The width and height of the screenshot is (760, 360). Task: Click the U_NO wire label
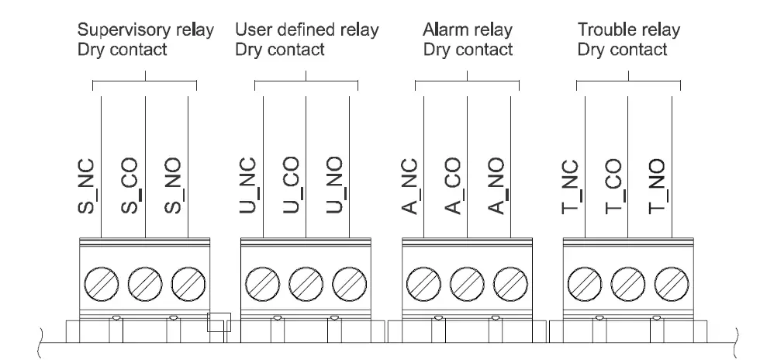pos(337,188)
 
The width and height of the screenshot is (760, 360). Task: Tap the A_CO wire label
pos(455,188)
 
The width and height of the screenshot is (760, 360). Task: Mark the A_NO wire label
pos(498,188)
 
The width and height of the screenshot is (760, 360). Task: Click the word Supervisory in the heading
pos(114,31)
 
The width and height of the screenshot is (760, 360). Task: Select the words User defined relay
pos(306,31)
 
